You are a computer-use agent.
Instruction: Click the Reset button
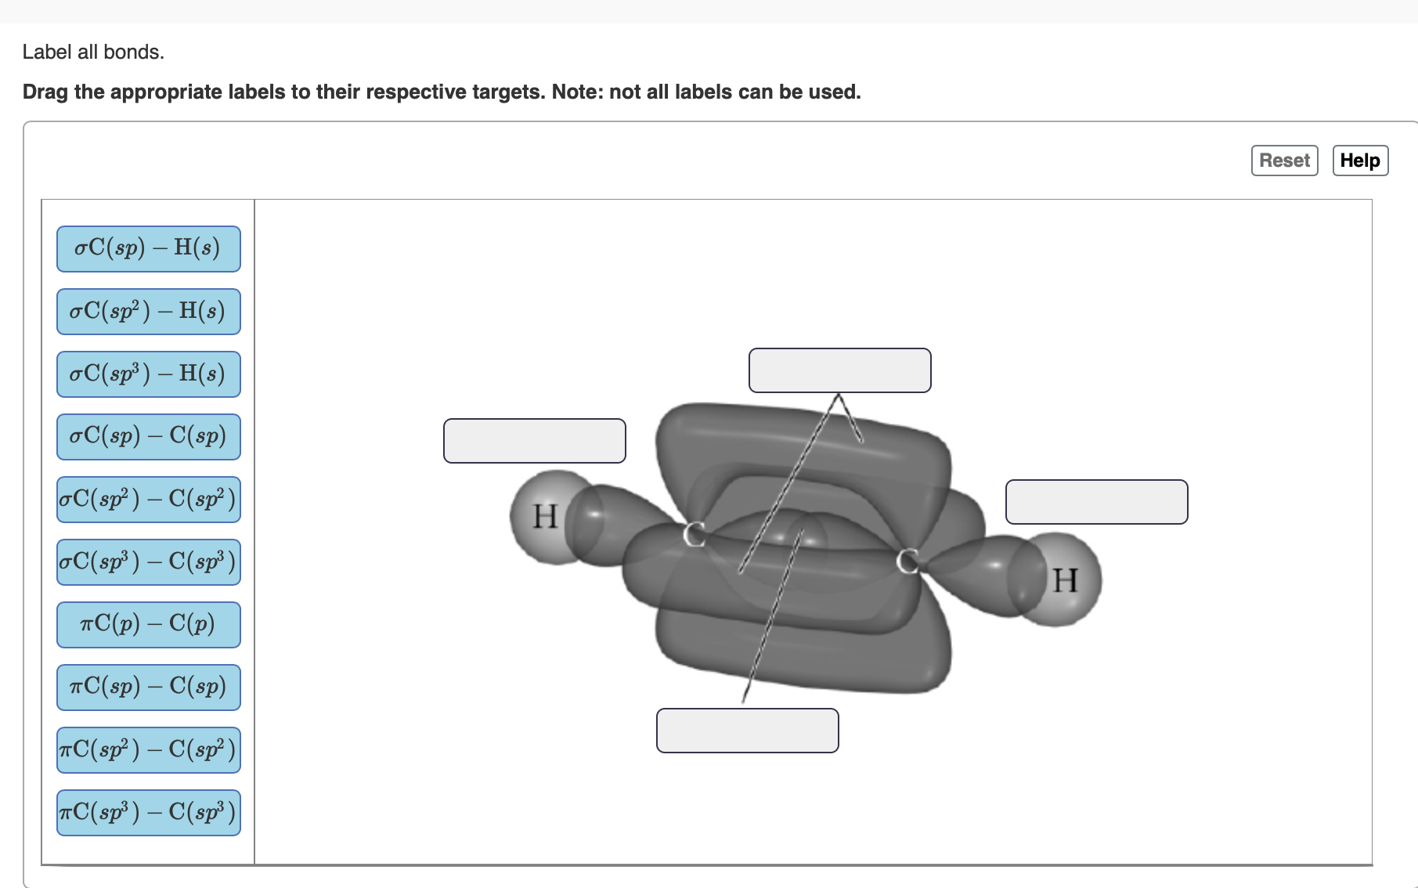pyautogui.click(x=1284, y=161)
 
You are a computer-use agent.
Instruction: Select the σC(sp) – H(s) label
pyautogui.click(x=149, y=249)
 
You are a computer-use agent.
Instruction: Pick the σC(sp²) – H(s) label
pyautogui.click(x=149, y=312)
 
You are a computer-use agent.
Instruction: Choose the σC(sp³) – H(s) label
pyautogui.click(x=149, y=374)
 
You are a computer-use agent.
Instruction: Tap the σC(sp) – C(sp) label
pyautogui.click(x=149, y=437)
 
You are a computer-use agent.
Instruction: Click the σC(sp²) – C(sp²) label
pyautogui.click(x=149, y=500)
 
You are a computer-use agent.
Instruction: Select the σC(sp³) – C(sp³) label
pyautogui.click(x=149, y=562)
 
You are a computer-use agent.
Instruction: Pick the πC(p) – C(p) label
pyautogui.click(x=149, y=625)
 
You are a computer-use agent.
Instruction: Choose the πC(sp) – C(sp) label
pyautogui.click(x=149, y=688)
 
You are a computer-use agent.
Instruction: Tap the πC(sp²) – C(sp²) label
pyautogui.click(x=149, y=750)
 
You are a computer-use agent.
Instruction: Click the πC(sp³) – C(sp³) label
pyautogui.click(x=149, y=813)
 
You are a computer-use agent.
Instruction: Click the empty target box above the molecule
pyautogui.click(x=840, y=370)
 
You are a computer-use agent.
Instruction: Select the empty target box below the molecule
pyautogui.click(x=748, y=731)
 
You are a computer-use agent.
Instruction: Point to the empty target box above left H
pyautogui.click(x=535, y=441)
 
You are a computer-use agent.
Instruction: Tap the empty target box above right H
pyautogui.click(x=1097, y=502)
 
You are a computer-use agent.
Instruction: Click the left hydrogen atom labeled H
pyautogui.click(x=546, y=517)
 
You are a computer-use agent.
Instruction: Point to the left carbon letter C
pyautogui.click(x=694, y=534)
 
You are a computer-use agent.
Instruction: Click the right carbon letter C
pyautogui.click(x=907, y=561)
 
